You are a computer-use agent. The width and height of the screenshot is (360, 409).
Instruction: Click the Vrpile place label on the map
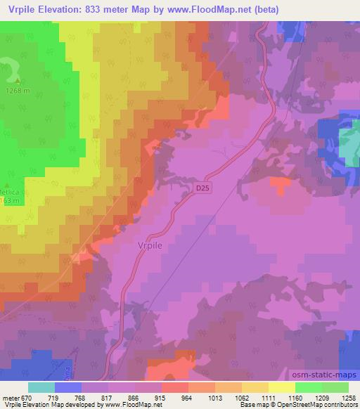[x=146, y=246]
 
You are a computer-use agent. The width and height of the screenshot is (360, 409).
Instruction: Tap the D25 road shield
[x=202, y=189]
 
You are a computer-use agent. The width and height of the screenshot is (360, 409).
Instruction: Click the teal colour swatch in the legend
[x=41, y=387]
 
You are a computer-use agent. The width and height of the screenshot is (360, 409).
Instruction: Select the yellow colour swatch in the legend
[x=281, y=387]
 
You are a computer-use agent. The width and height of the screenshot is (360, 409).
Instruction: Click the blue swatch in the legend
[x=68, y=387]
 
